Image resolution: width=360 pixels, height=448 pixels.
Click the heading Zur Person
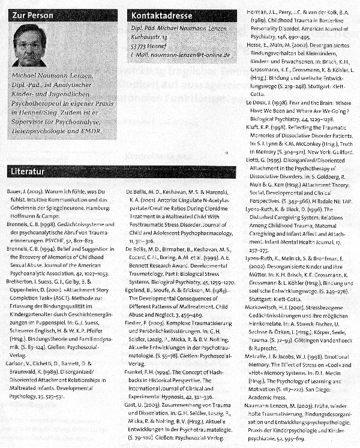point(32,15)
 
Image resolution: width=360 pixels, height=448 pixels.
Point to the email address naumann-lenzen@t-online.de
point(191,55)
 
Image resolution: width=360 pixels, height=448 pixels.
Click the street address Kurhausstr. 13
point(154,37)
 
